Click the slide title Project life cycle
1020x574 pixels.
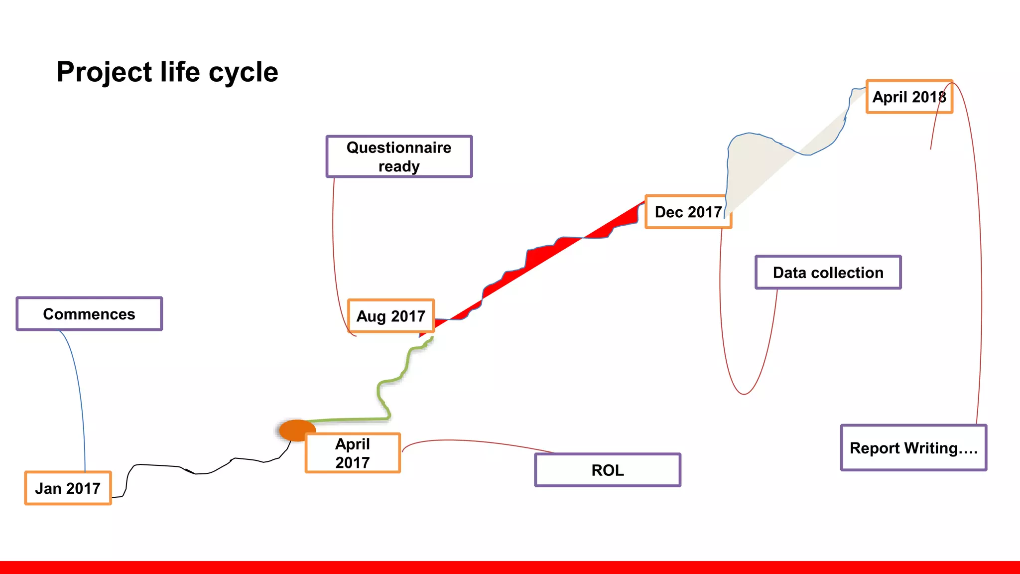pos(167,72)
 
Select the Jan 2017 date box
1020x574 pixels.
pos(68,488)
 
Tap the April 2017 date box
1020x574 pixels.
pos(353,453)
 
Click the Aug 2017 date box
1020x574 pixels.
pos(391,316)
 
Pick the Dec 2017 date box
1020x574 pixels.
pos(688,212)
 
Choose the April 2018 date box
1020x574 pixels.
pos(909,97)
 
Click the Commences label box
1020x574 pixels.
pos(89,314)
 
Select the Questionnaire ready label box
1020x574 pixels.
pos(399,156)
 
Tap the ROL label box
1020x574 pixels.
pos(608,470)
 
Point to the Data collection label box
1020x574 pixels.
pos(828,273)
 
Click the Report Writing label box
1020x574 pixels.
pos(913,448)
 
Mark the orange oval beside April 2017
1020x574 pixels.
pos(297,430)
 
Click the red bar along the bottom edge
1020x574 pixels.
pos(510,568)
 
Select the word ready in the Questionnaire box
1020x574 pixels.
pos(399,166)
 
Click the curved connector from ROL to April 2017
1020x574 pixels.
pos(473,441)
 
